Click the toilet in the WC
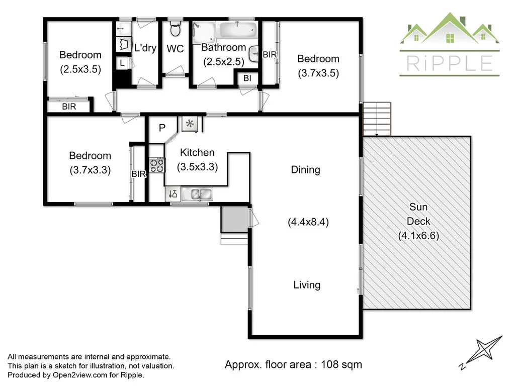175,30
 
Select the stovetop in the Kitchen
156,165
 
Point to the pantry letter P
162,128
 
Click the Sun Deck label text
418,221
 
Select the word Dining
305,170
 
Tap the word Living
307,285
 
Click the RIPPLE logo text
449,63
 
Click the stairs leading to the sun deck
377,119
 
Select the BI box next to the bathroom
247,78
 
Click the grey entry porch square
234,219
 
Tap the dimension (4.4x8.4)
308,222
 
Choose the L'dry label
145,49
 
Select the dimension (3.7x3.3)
90,170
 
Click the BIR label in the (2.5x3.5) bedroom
69,107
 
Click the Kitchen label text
197,153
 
